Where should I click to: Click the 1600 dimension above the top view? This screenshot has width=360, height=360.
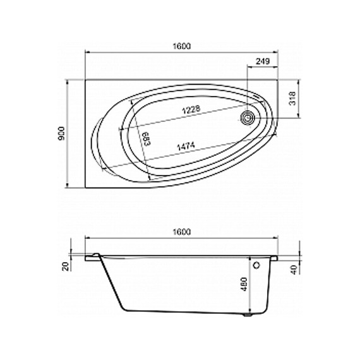click(181, 46)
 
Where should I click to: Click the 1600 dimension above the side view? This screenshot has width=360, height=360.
click(181, 232)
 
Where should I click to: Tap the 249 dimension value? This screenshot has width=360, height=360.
click(263, 61)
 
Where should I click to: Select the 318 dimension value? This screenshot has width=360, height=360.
click(292, 99)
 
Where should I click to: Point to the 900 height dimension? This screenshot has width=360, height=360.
click(62, 133)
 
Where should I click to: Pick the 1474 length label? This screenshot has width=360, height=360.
click(186, 147)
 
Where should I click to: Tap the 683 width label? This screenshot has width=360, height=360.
click(147, 139)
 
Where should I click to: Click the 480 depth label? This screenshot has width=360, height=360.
click(244, 284)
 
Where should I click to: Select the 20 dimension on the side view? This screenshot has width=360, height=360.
click(66, 267)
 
